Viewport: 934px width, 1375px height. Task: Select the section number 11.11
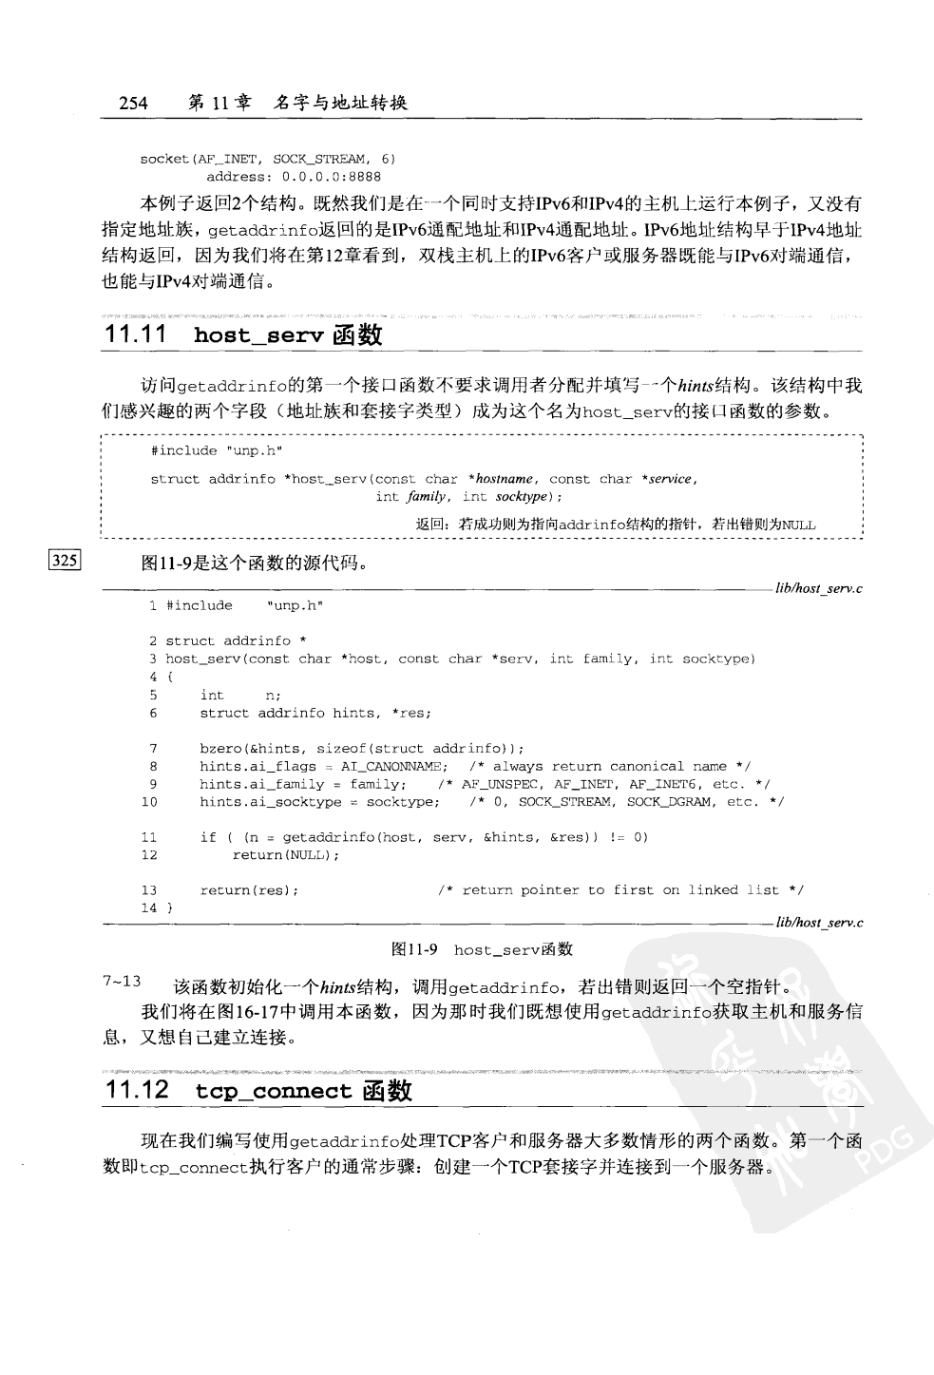point(136,334)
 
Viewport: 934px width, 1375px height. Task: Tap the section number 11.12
point(137,1090)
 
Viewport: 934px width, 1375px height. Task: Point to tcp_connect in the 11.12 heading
point(274,1091)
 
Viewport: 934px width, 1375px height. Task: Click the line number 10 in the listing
point(149,802)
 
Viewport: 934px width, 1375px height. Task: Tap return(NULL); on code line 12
point(285,855)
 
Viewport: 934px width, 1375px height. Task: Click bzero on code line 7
point(219,749)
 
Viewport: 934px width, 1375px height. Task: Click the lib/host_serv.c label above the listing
point(818,589)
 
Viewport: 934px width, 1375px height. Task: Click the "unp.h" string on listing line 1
point(296,606)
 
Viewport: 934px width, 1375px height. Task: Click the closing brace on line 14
point(170,908)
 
